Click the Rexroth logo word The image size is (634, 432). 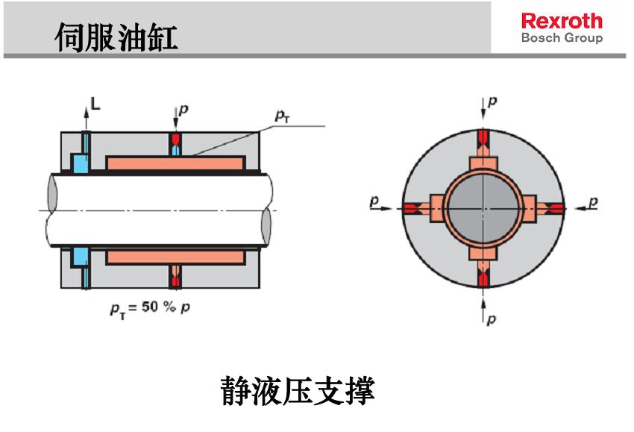click(562, 21)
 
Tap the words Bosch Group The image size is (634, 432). click(562, 38)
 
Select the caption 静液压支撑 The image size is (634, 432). click(297, 390)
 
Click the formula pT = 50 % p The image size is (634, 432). click(146, 307)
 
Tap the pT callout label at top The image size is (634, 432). click(282, 115)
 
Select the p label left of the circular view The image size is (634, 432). click(374, 201)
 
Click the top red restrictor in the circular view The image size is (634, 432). click(482, 137)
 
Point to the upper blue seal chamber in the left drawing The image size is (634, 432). click(78, 161)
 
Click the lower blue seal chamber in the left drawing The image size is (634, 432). click(78, 257)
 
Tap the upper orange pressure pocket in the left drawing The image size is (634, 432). click(175, 162)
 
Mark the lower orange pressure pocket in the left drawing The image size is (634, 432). click(175, 257)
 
